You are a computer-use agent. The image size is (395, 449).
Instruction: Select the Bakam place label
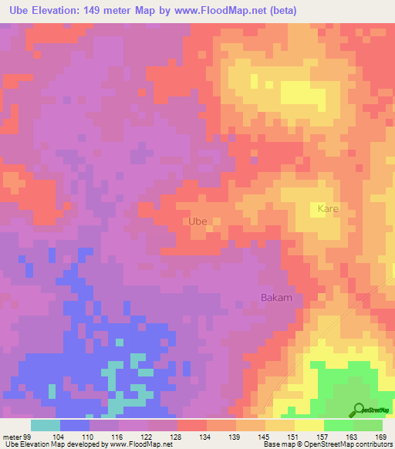[275, 297]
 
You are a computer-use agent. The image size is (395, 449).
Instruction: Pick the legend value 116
[119, 436]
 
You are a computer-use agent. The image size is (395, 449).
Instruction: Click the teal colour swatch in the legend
[46, 425]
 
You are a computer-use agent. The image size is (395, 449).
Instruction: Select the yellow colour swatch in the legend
[309, 425]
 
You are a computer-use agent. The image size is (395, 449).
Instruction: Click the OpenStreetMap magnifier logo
[360, 409]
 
